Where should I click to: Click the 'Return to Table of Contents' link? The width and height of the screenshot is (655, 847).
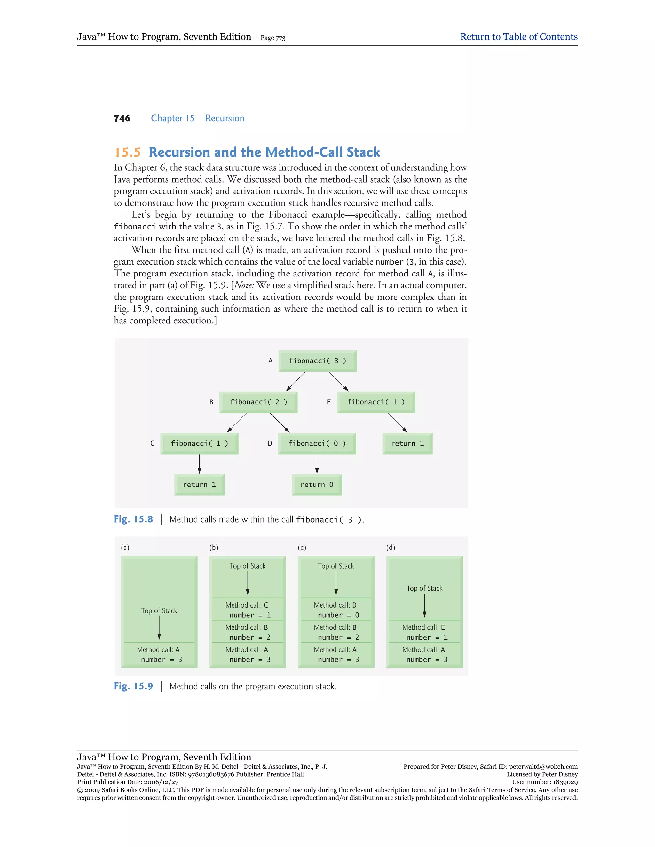(x=518, y=37)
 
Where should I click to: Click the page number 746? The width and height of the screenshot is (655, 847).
(x=122, y=118)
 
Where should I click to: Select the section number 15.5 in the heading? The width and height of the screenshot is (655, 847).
(x=128, y=152)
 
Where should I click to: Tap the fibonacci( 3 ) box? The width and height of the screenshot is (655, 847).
(x=317, y=361)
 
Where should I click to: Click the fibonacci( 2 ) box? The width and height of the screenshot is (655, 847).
(x=258, y=402)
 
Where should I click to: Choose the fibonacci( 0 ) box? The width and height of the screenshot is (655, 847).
(x=317, y=443)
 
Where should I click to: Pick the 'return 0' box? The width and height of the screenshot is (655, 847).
(x=317, y=484)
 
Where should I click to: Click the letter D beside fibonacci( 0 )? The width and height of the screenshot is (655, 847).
(x=270, y=443)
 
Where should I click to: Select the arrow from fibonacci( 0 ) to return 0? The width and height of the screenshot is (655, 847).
(x=317, y=464)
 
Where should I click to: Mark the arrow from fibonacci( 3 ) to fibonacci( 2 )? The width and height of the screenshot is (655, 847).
(x=296, y=382)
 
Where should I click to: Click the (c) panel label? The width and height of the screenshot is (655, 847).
(x=302, y=547)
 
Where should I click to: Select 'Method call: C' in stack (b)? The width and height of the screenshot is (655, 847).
(x=247, y=605)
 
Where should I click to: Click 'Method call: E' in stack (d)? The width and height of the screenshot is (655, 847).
(x=423, y=627)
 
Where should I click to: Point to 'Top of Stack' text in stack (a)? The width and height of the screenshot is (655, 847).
(x=159, y=610)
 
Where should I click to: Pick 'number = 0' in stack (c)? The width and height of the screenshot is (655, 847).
(x=338, y=615)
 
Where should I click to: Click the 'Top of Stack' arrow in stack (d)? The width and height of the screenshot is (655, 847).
(x=424, y=605)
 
